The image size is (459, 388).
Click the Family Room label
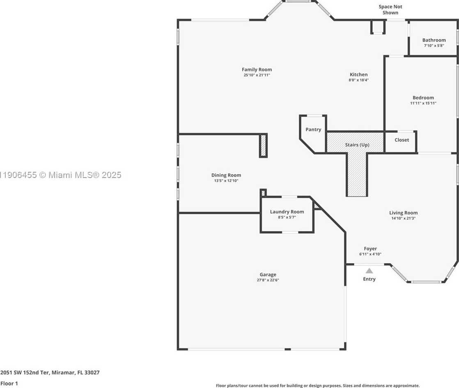click(x=257, y=69)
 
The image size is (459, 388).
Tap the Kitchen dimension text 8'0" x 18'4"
click(x=358, y=80)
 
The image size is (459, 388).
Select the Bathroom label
click(x=434, y=40)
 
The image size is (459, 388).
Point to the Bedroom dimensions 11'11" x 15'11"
click(x=423, y=103)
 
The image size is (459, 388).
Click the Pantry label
click(x=313, y=129)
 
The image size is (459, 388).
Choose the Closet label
click(x=402, y=140)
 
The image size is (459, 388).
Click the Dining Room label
click(x=226, y=175)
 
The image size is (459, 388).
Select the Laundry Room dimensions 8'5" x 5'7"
click(x=287, y=217)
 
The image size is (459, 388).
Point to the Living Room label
click(x=403, y=213)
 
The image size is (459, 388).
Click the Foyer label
click(x=370, y=249)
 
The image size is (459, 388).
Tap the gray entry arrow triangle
click(x=369, y=270)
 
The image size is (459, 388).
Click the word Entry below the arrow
click(x=369, y=279)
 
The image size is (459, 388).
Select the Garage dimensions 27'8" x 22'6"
click(x=268, y=280)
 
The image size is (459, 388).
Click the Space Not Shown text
click(x=390, y=9)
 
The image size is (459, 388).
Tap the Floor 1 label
click(x=9, y=383)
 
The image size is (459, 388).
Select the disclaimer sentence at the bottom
click(x=317, y=386)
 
